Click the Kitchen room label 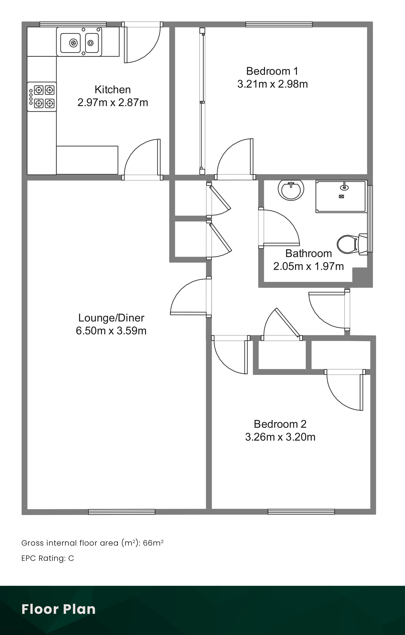(113, 90)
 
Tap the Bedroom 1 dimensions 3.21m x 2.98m (273, 84)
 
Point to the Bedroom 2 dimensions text (280, 437)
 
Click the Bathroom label (308, 253)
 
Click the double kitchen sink (79, 42)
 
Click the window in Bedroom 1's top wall (279, 24)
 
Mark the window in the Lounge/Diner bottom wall (122, 512)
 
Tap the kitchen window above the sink (73, 24)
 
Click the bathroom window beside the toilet (370, 219)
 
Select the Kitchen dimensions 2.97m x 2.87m (113, 103)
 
